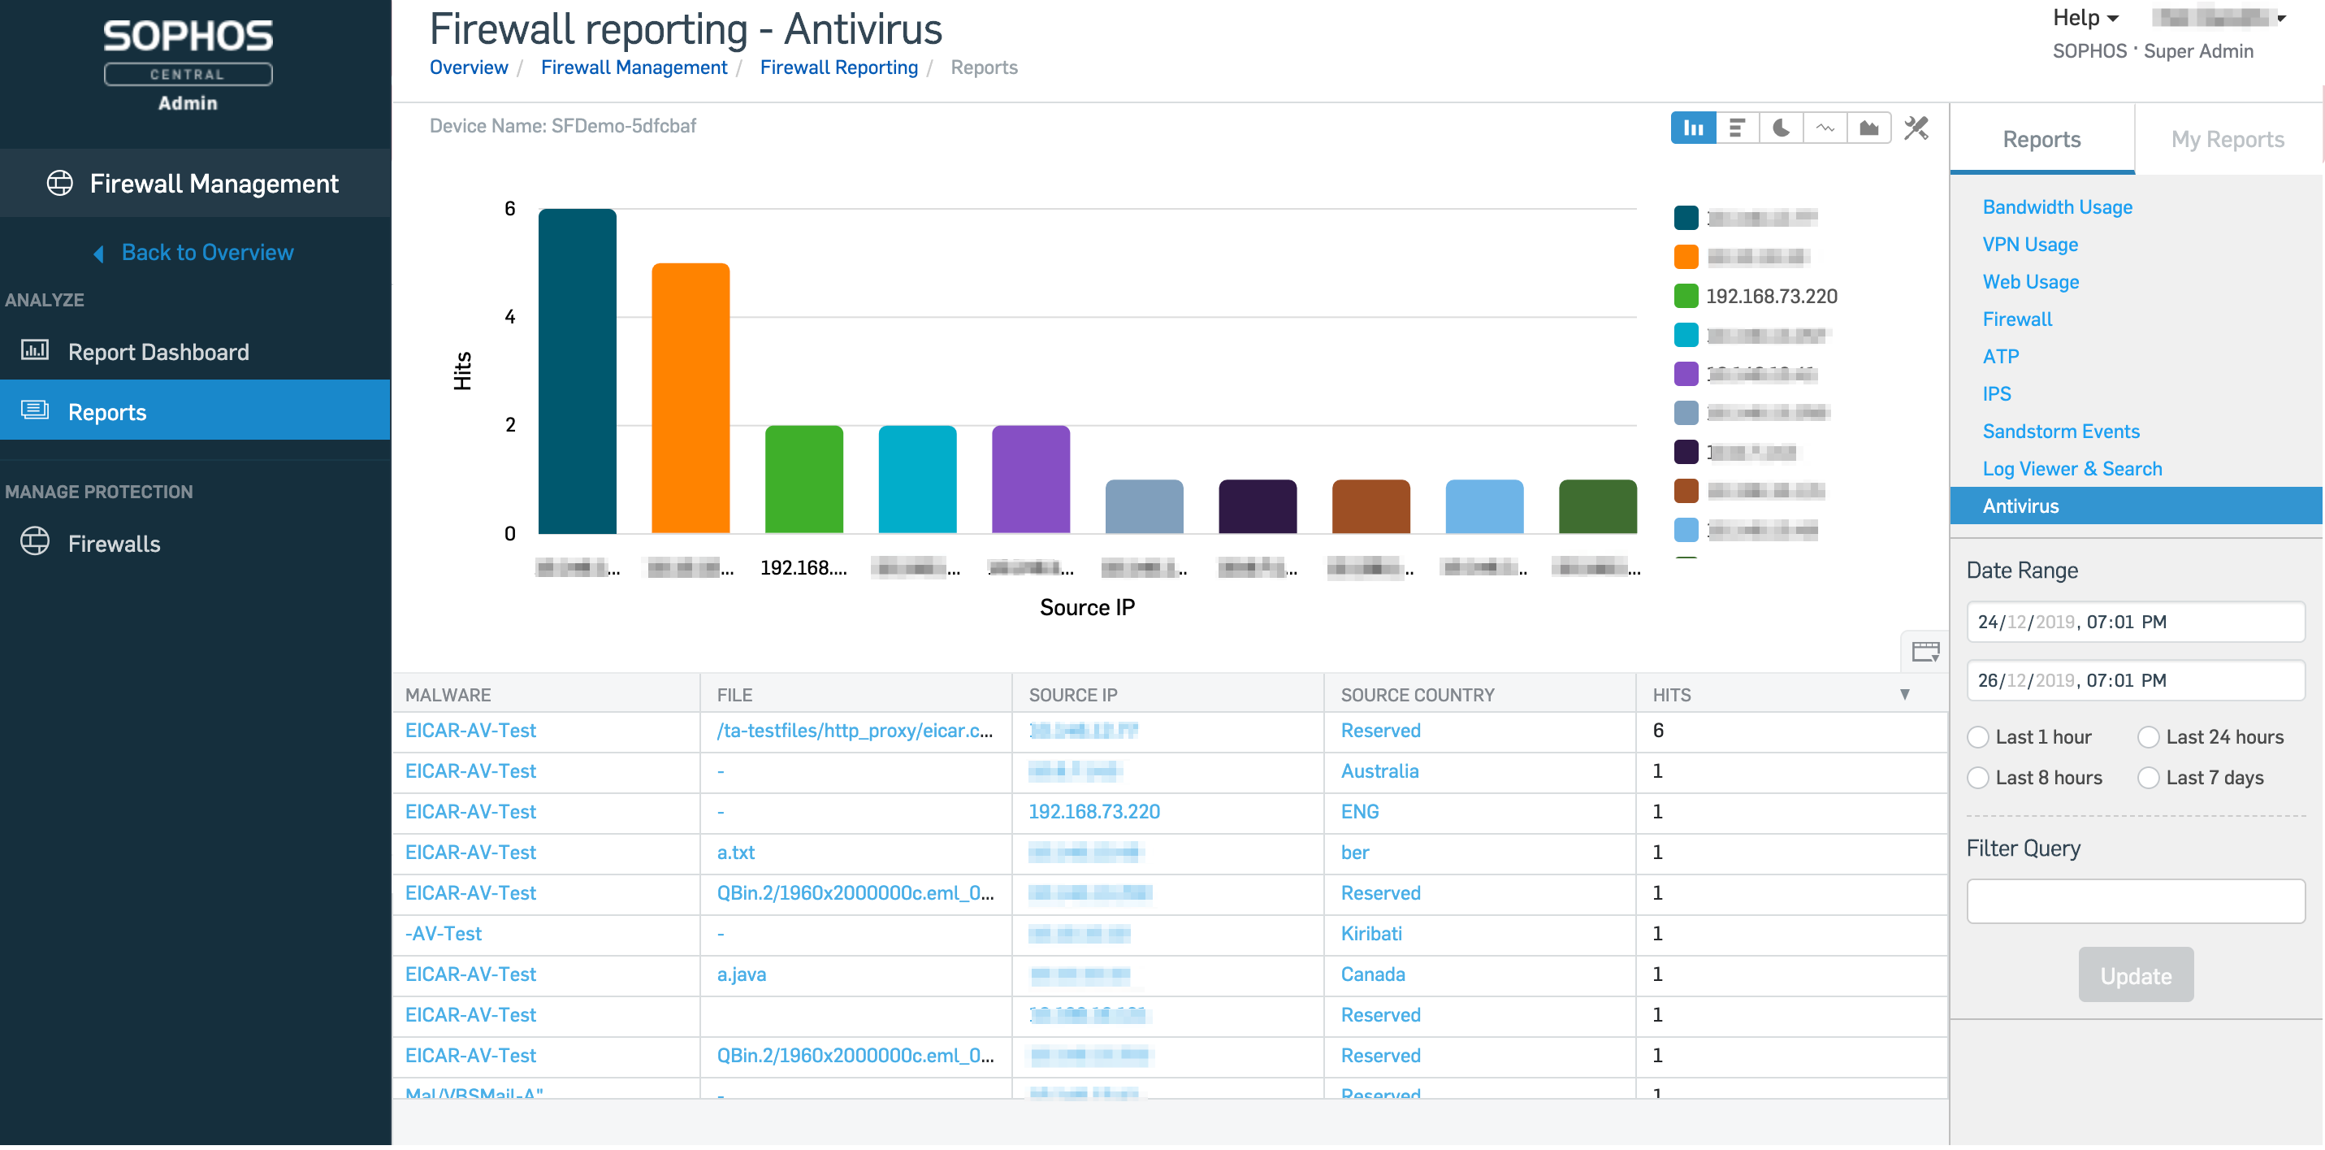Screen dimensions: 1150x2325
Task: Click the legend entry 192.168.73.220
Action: tap(1770, 296)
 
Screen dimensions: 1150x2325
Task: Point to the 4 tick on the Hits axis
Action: tap(510, 317)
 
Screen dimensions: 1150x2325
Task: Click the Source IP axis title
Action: tap(1087, 607)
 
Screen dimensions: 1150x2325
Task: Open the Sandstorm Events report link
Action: tap(2060, 432)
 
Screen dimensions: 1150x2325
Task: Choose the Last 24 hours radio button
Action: tap(2149, 737)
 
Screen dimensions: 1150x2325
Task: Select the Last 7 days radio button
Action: tap(2149, 778)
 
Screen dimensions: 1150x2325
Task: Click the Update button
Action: tap(2136, 976)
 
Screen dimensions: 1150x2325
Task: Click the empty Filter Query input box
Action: tap(2136, 900)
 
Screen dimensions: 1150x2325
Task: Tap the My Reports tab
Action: tap(2227, 139)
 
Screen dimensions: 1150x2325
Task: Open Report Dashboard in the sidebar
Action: tap(158, 352)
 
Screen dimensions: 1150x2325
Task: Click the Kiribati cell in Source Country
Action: tap(1371, 933)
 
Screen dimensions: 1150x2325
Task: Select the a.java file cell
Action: tap(741, 974)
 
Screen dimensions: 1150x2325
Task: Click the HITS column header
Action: tap(1672, 695)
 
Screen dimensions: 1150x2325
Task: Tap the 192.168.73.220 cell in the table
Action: tap(1094, 811)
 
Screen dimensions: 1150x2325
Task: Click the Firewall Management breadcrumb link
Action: tap(634, 67)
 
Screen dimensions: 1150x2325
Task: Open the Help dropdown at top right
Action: tap(2085, 18)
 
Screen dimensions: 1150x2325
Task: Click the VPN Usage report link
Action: tap(2030, 245)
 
